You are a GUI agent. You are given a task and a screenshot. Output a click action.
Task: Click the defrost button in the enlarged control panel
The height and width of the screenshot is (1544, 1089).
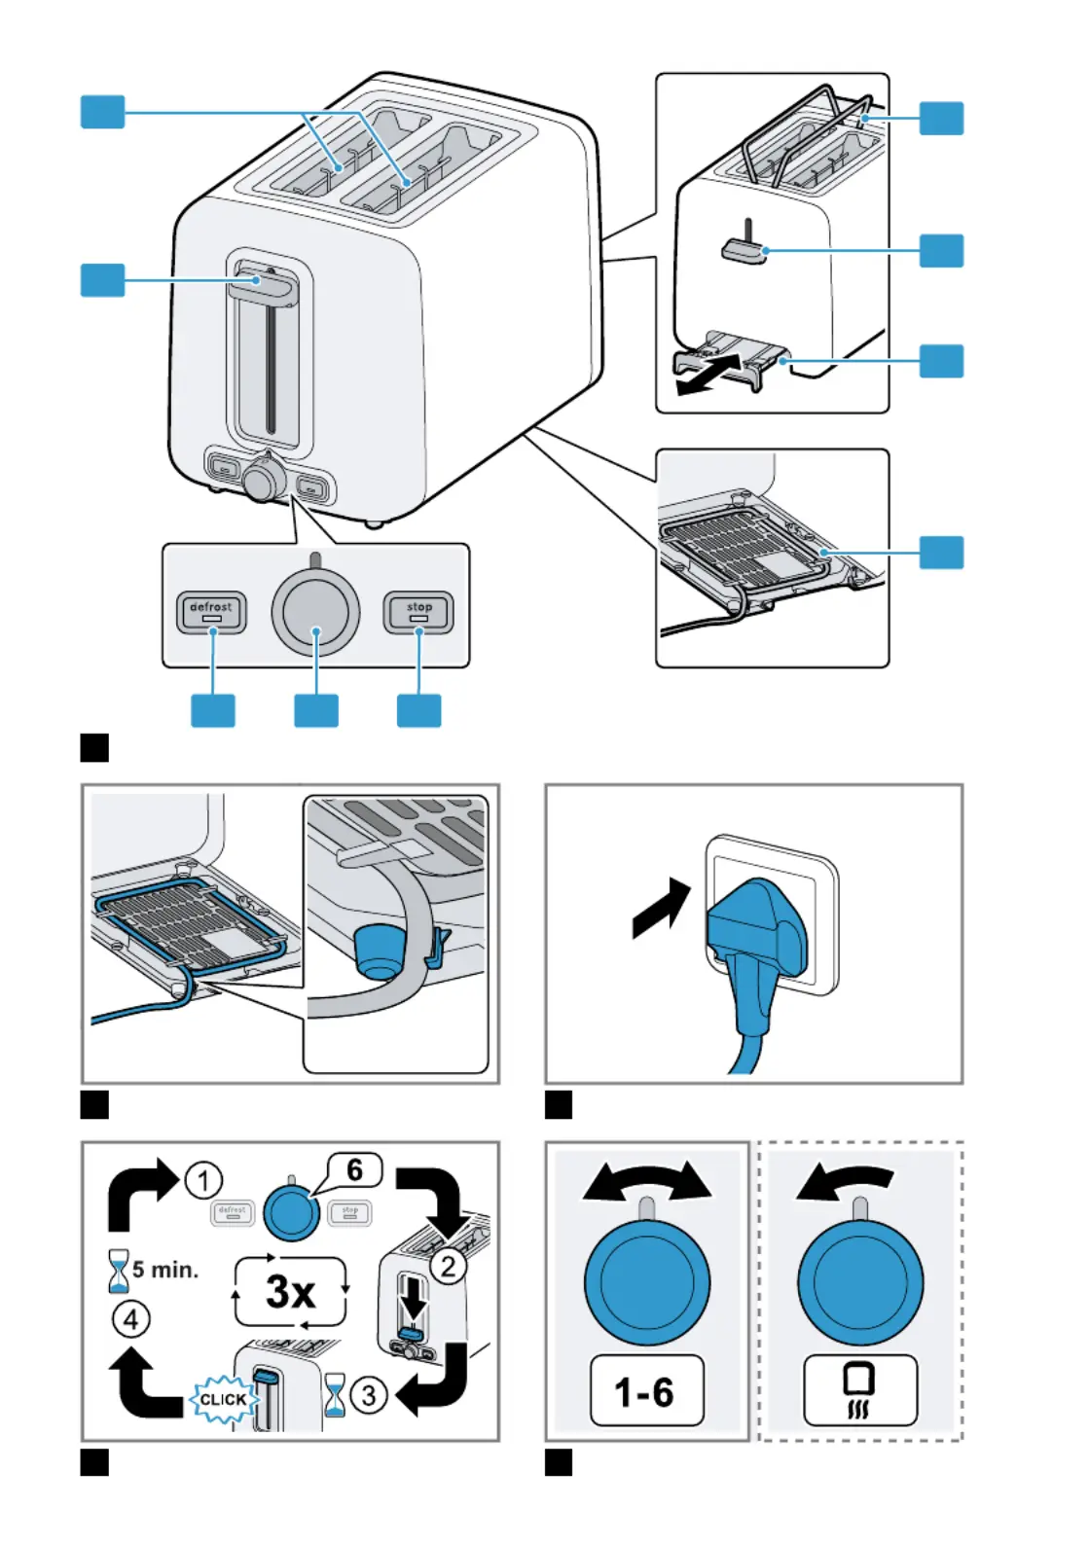tap(211, 613)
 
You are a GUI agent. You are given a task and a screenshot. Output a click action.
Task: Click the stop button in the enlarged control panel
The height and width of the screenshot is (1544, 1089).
tap(418, 613)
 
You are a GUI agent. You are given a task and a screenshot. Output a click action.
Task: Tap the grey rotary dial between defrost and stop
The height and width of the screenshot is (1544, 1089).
tap(315, 612)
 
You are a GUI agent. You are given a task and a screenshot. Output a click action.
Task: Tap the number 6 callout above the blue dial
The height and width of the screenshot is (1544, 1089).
tap(354, 1169)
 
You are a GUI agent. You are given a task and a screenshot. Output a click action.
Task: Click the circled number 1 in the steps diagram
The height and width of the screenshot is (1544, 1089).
tap(203, 1181)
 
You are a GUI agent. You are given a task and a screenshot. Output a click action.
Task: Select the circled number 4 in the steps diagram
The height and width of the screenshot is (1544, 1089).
tap(131, 1320)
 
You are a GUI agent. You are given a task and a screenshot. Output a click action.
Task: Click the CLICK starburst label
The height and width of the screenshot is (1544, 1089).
tap(223, 1399)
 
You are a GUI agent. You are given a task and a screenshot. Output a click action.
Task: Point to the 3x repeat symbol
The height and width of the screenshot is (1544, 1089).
tap(290, 1292)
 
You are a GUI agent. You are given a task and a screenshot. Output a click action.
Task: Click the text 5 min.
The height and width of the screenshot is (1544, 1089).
tap(165, 1270)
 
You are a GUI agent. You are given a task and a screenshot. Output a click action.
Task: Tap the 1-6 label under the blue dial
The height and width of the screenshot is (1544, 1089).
tap(646, 1391)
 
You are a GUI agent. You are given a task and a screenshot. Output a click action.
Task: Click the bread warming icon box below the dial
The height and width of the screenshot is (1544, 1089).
tap(859, 1390)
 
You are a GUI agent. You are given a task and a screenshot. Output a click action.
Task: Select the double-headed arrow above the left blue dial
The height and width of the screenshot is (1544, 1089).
tap(647, 1181)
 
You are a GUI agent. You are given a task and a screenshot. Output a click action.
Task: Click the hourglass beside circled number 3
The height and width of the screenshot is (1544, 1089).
tap(335, 1395)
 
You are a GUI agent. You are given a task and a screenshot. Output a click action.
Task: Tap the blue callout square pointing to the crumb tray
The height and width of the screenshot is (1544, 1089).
tap(941, 361)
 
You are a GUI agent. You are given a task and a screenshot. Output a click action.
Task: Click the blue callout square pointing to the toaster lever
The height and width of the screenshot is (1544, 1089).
tap(102, 280)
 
